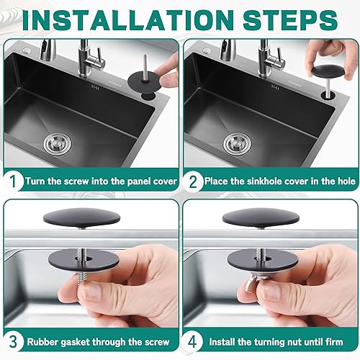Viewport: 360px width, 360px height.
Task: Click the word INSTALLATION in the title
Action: [x=128, y=19]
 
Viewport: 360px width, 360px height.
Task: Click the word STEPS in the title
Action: [x=291, y=19]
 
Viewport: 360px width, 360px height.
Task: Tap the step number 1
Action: [x=13, y=181]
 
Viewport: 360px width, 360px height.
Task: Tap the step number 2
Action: [x=193, y=181]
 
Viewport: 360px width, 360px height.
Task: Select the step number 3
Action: [x=14, y=341]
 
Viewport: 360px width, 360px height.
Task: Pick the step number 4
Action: [x=192, y=341]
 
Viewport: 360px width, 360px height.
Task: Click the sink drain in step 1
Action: [x=58, y=144]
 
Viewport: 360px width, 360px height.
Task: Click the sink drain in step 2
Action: [x=238, y=144]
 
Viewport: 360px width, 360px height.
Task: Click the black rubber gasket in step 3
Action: [x=84, y=261]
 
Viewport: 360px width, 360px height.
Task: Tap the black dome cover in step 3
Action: [x=81, y=218]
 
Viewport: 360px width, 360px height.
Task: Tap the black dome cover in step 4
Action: [x=261, y=218]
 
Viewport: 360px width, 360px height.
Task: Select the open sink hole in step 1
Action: [x=148, y=96]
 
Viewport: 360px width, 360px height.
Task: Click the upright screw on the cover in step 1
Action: [x=145, y=67]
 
